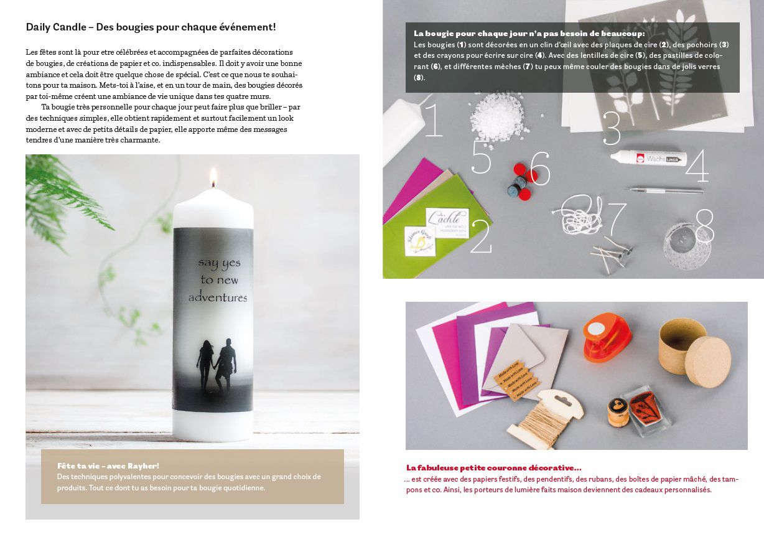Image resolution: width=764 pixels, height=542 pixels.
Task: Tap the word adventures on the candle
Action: (218, 297)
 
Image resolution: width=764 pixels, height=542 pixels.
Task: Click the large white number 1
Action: (434, 119)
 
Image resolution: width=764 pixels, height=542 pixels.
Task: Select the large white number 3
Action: (612, 128)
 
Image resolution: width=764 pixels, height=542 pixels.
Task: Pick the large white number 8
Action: (705, 227)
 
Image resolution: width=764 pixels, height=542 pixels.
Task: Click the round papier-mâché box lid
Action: (708, 362)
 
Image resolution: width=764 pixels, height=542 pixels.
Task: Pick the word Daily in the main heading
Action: (39, 27)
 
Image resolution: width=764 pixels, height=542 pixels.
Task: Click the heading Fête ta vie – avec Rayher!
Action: (108, 465)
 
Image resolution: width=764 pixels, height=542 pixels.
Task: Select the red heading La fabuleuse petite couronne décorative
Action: (494, 467)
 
